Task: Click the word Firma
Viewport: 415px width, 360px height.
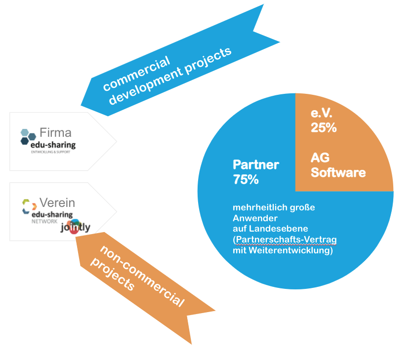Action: (55, 132)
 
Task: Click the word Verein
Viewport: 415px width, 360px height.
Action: (57, 203)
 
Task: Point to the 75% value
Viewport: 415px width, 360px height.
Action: (246, 179)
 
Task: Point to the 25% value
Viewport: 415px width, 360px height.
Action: (324, 127)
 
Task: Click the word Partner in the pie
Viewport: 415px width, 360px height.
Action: (256, 165)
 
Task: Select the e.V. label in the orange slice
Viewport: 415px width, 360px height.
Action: (322, 114)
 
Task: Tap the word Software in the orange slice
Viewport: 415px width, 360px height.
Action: (338, 172)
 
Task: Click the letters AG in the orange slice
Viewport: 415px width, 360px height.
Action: (320, 158)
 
